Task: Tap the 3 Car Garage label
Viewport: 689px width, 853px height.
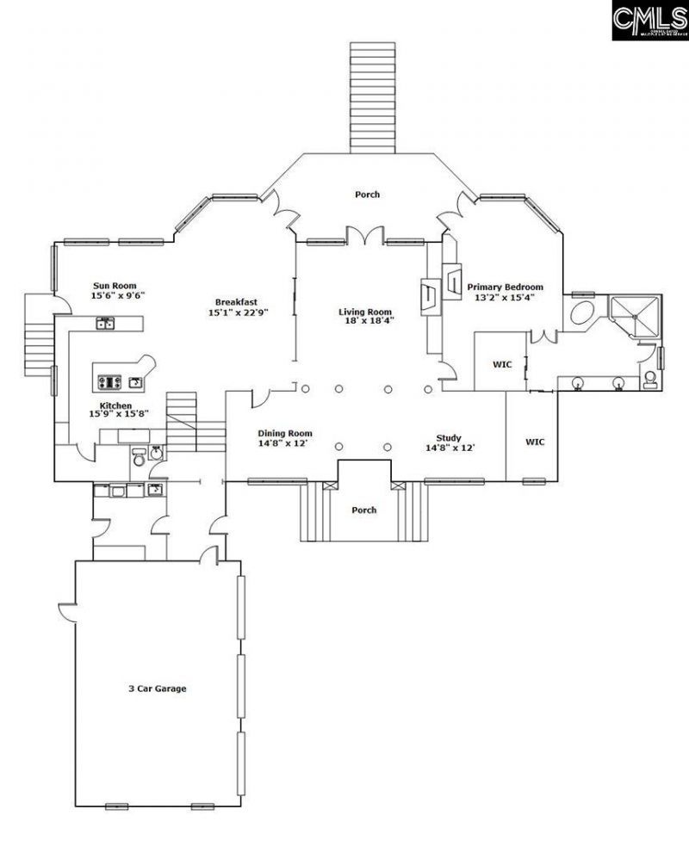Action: (158, 689)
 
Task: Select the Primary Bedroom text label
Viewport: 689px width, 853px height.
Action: (506, 287)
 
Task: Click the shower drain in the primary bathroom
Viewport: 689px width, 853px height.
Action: (636, 315)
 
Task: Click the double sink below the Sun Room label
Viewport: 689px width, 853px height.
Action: (106, 324)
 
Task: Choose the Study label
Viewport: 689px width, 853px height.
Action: (449, 438)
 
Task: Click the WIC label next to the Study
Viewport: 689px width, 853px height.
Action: (535, 442)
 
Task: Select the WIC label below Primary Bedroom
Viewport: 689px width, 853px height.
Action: (502, 365)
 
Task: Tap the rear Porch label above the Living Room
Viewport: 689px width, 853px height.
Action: (367, 195)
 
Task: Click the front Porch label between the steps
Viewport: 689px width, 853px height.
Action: (364, 510)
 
